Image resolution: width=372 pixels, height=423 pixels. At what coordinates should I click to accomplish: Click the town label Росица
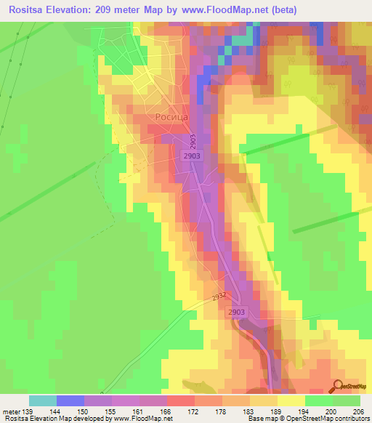[171, 116]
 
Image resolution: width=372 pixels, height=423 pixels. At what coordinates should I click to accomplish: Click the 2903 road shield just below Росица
[193, 156]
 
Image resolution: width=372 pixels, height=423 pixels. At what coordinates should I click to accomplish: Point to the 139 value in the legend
[24, 411]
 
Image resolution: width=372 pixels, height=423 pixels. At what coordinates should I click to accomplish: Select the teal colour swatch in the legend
[42, 400]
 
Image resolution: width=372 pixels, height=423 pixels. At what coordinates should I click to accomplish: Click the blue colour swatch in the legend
[70, 400]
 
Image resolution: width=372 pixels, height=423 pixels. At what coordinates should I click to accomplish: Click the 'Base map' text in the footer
[264, 419]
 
